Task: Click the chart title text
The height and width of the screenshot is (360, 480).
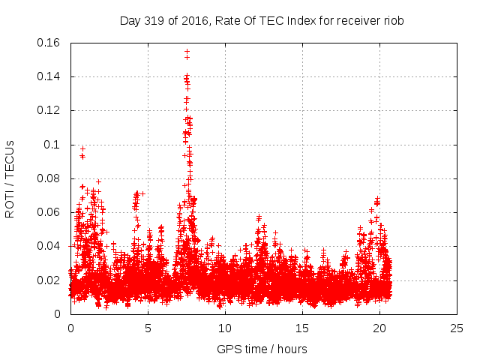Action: click(x=262, y=21)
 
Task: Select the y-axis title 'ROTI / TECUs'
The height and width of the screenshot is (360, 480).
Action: click(x=10, y=178)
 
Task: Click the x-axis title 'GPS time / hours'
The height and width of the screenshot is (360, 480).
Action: click(x=262, y=349)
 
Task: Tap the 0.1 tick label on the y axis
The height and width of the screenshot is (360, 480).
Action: click(x=52, y=145)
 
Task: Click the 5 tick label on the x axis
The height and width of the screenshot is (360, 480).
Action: click(x=148, y=328)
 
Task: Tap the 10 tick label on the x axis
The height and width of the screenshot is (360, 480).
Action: click(x=225, y=328)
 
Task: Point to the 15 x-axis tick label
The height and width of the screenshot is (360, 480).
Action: click(x=302, y=328)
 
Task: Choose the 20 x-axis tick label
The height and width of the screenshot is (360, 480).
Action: click(x=379, y=328)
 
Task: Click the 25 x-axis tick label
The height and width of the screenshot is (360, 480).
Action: click(x=457, y=328)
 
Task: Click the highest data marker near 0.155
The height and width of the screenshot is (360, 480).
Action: click(x=187, y=52)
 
